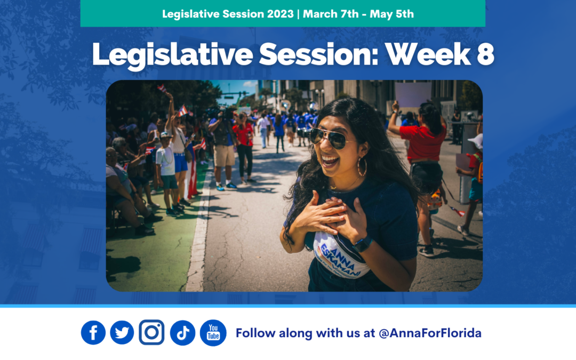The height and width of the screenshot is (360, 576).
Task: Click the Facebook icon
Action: [x=93, y=333]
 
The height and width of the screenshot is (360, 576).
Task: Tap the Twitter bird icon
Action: [x=122, y=333]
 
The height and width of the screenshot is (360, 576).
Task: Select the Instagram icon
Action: [x=151, y=333]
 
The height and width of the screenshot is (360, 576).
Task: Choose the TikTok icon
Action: [x=182, y=333]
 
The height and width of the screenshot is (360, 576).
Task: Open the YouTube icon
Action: [x=213, y=333]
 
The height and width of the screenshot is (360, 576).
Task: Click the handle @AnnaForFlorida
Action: [x=430, y=333]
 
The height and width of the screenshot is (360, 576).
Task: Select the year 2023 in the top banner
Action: [x=281, y=14]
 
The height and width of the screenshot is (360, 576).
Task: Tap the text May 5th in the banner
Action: [x=391, y=14]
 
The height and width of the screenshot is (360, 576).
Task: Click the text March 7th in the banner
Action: [x=330, y=14]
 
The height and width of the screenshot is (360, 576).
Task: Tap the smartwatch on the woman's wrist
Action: [x=363, y=244]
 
